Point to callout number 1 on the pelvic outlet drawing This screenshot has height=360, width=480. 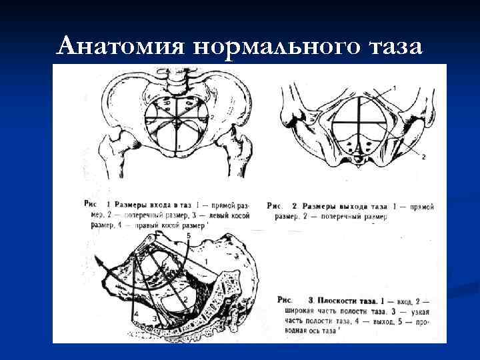pos(393,88)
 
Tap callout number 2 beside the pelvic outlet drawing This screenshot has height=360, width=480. pos(423,156)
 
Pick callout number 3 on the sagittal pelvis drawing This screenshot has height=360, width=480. pos(155,319)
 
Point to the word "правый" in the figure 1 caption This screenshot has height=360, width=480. pos(154,226)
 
